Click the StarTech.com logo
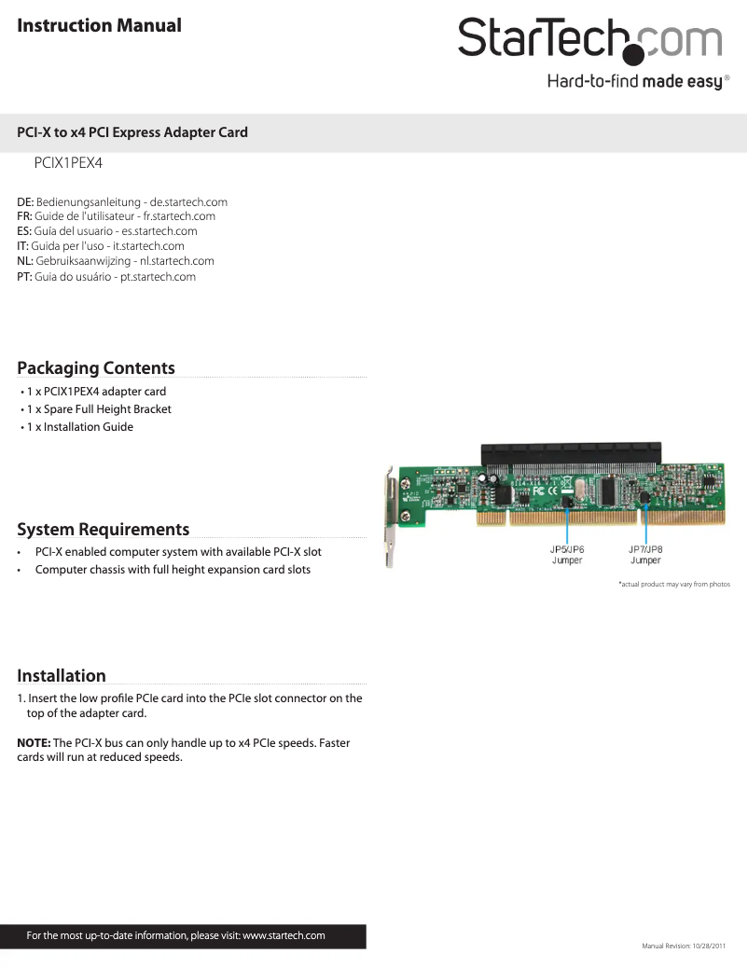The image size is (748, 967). point(589,40)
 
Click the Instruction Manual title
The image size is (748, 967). point(100,25)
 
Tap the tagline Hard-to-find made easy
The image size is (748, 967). point(634,82)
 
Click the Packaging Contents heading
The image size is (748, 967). point(96,367)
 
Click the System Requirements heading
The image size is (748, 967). point(104,530)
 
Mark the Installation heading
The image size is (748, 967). point(62,676)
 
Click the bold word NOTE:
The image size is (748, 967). point(34,742)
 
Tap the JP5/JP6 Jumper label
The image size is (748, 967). point(567,555)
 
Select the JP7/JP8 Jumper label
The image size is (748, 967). point(645,555)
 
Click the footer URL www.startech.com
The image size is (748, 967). point(284,935)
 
